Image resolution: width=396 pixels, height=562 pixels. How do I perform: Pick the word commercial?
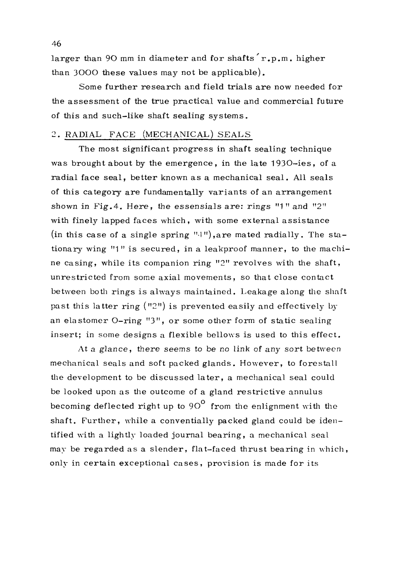coord(283,101)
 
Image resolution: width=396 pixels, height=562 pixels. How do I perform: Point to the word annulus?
coord(306,391)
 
